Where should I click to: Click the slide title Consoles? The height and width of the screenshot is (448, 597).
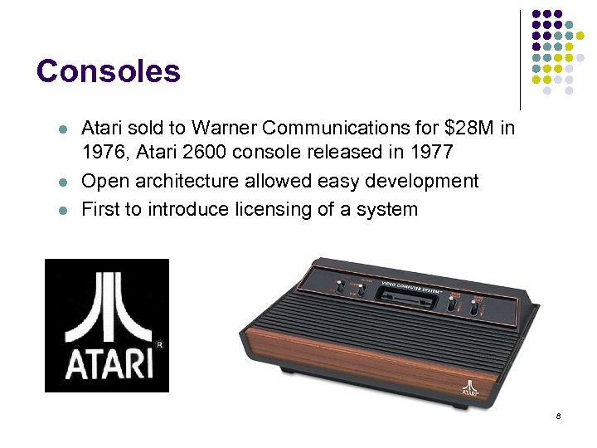[109, 71]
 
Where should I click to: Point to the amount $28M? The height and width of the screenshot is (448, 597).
[468, 129]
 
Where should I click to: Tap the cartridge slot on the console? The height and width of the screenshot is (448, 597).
[407, 294]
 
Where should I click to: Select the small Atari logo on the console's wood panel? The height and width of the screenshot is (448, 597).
[470, 390]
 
